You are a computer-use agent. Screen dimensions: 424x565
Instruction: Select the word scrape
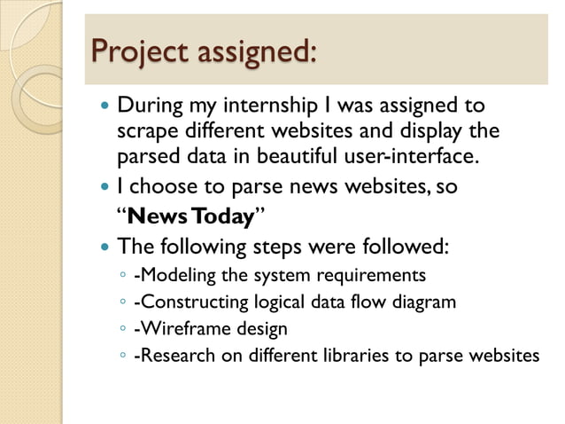(x=146, y=130)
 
